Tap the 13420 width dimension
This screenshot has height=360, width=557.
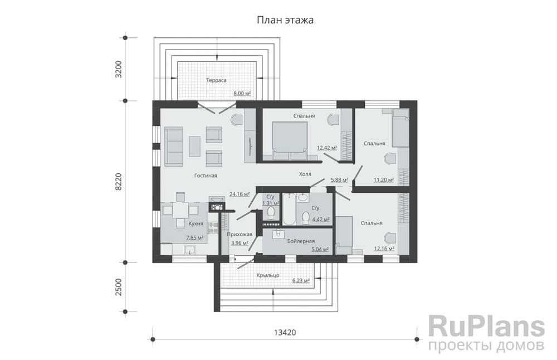pos(284,333)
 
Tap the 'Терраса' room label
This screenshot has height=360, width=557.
pos(216,80)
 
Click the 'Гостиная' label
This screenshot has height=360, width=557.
pos(206,176)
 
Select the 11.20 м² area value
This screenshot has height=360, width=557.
pos(384,180)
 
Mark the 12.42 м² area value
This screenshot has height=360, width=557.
pos(327,148)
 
